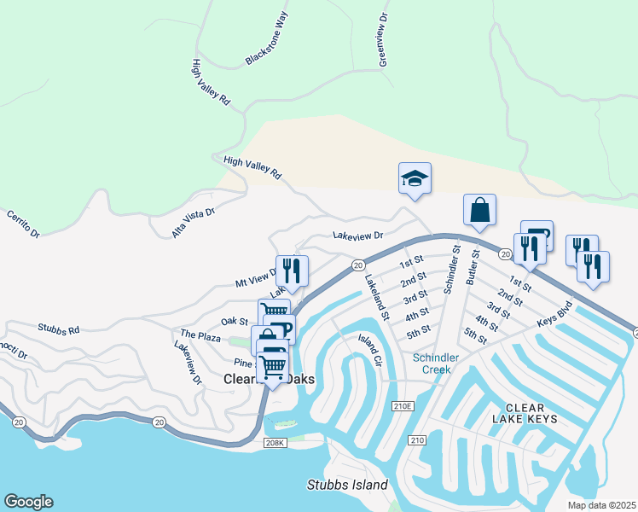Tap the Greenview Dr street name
[383, 39]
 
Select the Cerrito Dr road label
[23, 224]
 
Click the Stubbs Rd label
[58, 328]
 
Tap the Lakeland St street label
[376, 296]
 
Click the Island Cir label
[368, 349]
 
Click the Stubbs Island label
[347, 485]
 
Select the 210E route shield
[401, 406]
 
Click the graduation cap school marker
[415, 178]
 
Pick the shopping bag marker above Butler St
[479, 209]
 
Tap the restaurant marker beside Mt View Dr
[292, 271]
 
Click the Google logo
[28, 502]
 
